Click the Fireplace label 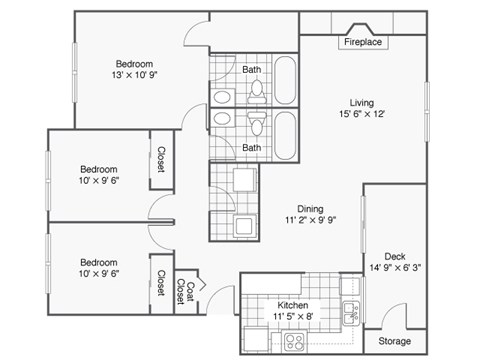363,43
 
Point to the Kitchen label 292,305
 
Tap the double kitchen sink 351,312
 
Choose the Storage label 393,341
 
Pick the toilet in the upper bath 257,90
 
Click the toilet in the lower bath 257,125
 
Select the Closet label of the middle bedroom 161,159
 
